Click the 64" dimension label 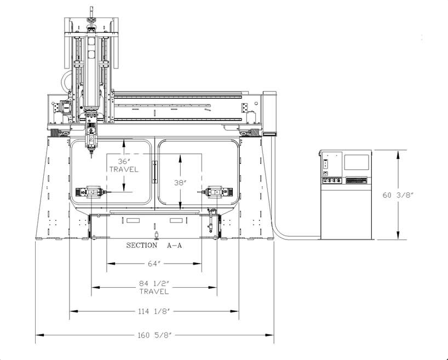(x=154, y=264)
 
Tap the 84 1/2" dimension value (x=154, y=284)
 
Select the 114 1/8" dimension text (x=154, y=311)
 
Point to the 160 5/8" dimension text (x=154, y=335)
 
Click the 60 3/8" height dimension (x=398, y=195)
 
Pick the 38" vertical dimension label (x=180, y=182)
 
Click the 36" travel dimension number (x=124, y=162)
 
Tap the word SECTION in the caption (x=142, y=245)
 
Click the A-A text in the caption (x=174, y=245)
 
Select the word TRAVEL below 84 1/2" (x=154, y=292)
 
